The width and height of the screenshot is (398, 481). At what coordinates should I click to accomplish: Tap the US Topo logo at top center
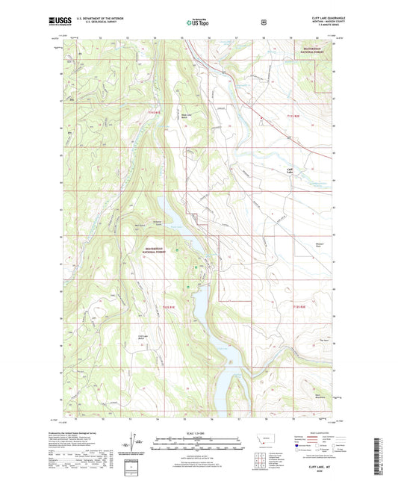coord(196,23)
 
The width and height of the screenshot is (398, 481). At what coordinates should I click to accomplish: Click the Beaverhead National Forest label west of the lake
coord(159,251)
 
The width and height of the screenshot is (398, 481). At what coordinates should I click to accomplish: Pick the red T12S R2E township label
coord(299,306)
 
